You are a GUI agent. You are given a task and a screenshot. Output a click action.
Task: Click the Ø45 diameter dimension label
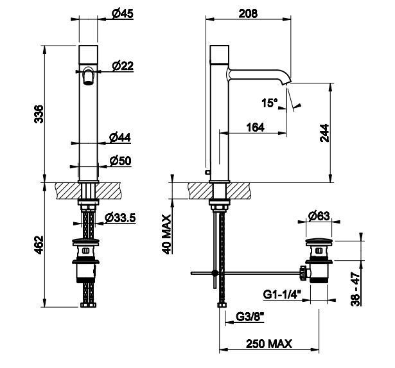123,13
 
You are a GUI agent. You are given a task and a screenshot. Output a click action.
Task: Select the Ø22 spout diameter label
123,66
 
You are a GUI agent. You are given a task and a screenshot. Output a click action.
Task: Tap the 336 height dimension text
39,114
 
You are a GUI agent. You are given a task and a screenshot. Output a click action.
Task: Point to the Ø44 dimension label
120,137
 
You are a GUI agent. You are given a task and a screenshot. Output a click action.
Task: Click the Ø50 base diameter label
120,161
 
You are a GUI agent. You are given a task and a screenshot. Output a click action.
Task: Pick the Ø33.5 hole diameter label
120,218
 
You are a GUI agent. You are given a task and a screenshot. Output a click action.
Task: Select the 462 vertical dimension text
39,245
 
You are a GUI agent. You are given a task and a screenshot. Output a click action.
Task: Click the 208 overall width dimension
248,13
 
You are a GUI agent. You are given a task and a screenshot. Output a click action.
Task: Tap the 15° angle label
269,103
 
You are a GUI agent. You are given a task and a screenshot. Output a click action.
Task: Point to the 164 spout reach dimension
256,127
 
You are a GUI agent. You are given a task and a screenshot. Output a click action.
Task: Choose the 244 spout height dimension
324,133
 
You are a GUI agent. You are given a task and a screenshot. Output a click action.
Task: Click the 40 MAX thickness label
166,234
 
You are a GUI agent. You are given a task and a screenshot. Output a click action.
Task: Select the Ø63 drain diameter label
319,216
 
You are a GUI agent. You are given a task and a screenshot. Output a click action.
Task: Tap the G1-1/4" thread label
282,294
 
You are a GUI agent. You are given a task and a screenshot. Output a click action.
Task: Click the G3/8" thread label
250,317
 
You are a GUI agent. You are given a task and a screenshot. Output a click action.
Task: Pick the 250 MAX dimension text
268,344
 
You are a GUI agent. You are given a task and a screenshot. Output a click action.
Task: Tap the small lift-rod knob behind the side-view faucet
207,172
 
